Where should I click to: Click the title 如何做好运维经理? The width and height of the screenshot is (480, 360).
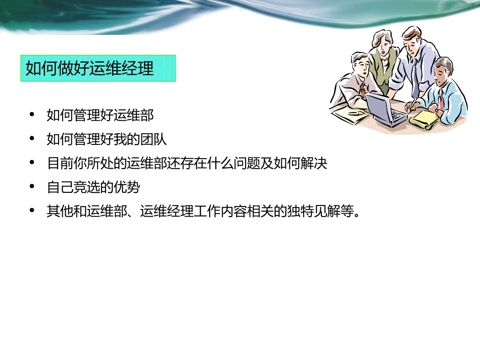coord(90,68)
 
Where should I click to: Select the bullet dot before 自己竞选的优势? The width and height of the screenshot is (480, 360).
coord(33,187)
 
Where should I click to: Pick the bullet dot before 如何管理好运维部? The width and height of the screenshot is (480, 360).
coord(33,115)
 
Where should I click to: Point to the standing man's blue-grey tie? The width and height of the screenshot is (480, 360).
coord(415,76)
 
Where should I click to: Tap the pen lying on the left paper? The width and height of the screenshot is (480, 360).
coord(354,114)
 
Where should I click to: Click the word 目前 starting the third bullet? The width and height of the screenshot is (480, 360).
coord(60,164)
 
